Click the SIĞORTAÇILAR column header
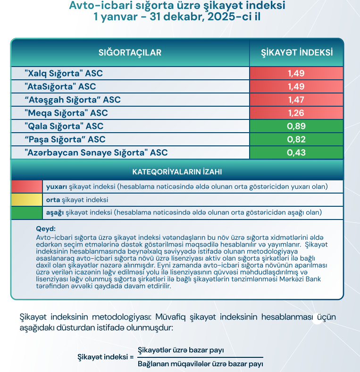pyautogui.click(x=130, y=52)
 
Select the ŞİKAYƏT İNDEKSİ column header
pyautogui.click(x=297, y=52)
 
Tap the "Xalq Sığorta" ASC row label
pyautogui.click(x=63, y=73)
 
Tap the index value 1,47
pyautogui.click(x=296, y=100)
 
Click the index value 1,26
pyautogui.click(x=296, y=113)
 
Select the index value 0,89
pyautogui.click(x=296, y=126)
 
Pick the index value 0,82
pyautogui.click(x=296, y=139)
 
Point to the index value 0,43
pyautogui.click(x=296, y=152)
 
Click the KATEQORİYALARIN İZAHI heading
pyautogui.click(x=177, y=171)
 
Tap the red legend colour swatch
pyautogui.click(x=27, y=186)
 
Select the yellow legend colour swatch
pyautogui.click(x=27, y=200)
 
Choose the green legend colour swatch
pyautogui.click(x=27, y=212)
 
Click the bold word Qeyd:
pyautogui.click(x=46, y=228)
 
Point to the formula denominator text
pyautogui.click(x=200, y=364)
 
